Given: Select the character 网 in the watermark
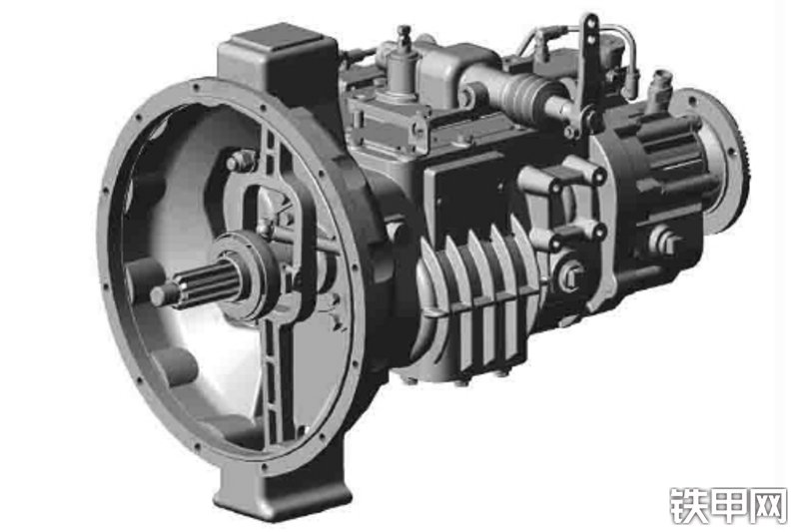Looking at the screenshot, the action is [x=769, y=505].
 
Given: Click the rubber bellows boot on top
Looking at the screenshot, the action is [x=519, y=93].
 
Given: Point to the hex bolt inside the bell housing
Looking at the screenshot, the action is [x=240, y=162].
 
